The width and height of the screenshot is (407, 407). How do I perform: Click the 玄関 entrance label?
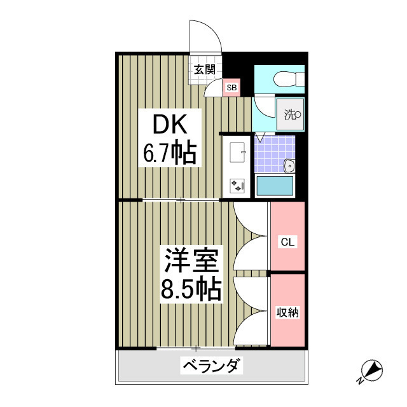[x=203, y=70]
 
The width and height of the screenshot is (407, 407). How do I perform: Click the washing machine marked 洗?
[x=291, y=115]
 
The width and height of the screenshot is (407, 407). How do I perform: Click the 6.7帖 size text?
[x=169, y=153]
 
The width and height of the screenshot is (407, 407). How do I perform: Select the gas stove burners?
[x=238, y=184]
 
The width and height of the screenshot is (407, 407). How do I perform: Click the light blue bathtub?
[x=274, y=186]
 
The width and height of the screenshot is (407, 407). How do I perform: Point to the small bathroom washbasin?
[x=289, y=166]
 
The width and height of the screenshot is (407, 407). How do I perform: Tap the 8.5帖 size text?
[x=192, y=290]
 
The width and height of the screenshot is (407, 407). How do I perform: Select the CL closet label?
[x=287, y=242]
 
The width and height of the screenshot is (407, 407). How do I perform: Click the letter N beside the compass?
[x=359, y=381]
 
